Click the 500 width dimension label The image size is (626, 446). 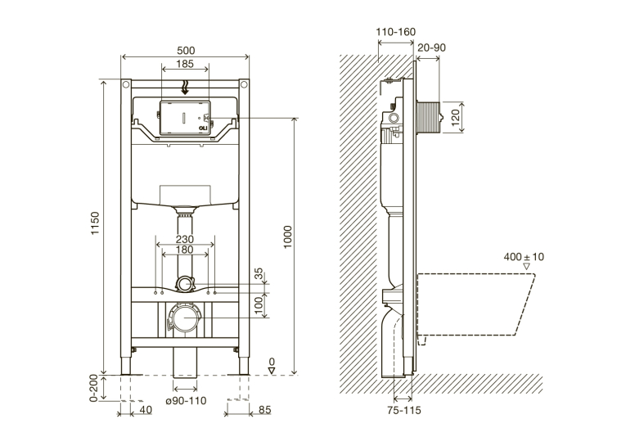186,51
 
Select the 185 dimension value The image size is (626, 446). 185,64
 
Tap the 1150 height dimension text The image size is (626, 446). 95,223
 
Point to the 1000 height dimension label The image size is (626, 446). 288,237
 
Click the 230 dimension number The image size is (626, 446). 185,239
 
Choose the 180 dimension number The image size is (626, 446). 185,250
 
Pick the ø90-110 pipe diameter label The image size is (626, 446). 186,400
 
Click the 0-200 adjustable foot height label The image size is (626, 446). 94,388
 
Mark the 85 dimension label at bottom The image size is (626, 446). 264,410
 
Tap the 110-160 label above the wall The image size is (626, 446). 395,32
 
